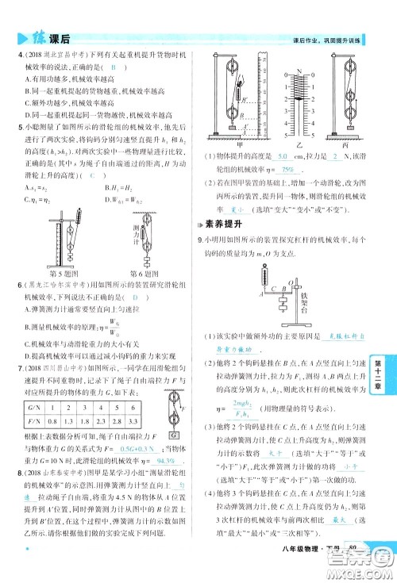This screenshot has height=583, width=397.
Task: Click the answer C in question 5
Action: (x=91, y=175)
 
